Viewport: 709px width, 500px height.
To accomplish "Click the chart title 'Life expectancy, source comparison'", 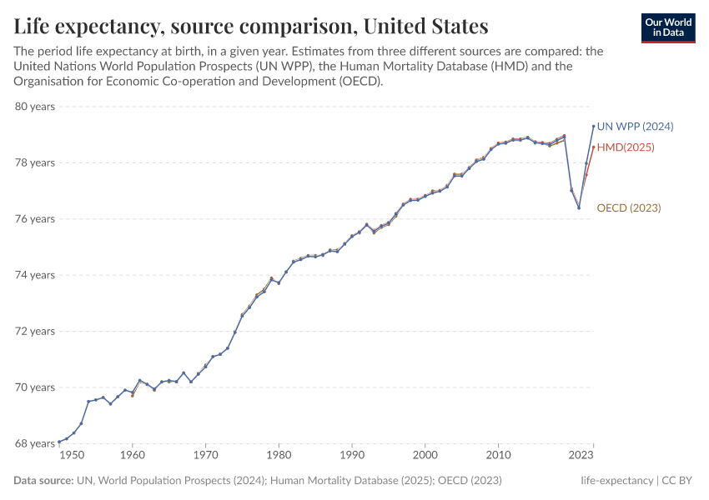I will pyautogui.click(x=251, y=25).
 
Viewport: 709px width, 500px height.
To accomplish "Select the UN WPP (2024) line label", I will pyautogui.click(x=635, y=127).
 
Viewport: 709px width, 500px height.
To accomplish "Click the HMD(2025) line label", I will pyautogui.click(x=626, y=147).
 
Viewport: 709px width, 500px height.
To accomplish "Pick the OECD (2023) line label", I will pyautogui.click(x=628, y=207).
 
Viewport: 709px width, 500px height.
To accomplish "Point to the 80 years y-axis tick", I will pyautogui.click(x=34, y=107).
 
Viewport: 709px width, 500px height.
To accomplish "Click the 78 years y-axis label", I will pyautogui.click(x=34, y=162).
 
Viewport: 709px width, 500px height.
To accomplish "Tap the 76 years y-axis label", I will pyautogui.click(x=34, y=219).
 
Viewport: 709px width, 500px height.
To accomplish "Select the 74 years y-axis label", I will pyautogui.click(x=34, y=275).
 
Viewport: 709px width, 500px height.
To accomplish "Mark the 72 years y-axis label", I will pyautogui.click(x=34, y=331).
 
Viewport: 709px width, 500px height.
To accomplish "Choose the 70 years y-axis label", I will pyautogui.click(x=34, y=387).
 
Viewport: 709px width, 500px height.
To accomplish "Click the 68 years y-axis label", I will pyautogui.click(x=34, y=443).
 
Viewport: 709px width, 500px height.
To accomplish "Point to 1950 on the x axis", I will pyautogui.click(x=73, y=456).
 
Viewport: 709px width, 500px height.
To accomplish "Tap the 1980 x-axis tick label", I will pyautogui.click(x=279, y=456).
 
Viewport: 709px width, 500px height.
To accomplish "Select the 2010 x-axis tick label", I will pyautogui.click(x=499, y=456).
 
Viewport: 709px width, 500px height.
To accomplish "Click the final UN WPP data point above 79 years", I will pyautogui.click(x=593, y=126).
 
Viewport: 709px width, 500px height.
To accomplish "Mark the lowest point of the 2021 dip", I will pyautogui.click(x=579, y=207).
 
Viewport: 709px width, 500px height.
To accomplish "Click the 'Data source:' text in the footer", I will pyautogui.click(x=43, y=481).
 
